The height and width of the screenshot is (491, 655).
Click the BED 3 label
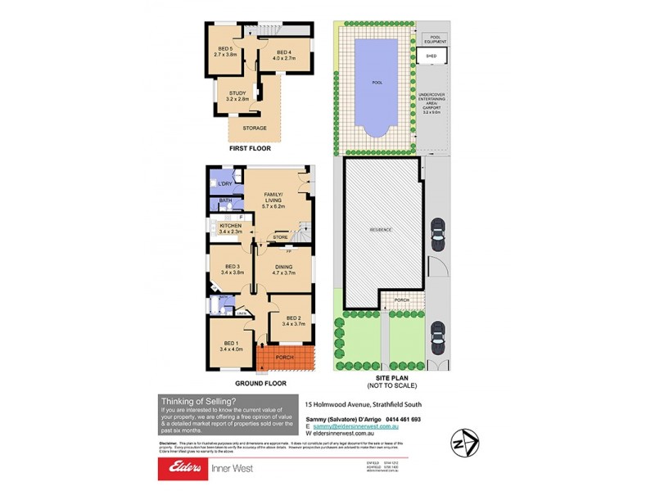point(231,269)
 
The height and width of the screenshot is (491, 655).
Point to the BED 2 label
point(291,322)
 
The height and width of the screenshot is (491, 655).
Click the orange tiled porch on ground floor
point(285,357)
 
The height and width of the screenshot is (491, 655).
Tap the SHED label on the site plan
point(431,56)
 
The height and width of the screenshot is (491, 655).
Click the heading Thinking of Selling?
point(199,401)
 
